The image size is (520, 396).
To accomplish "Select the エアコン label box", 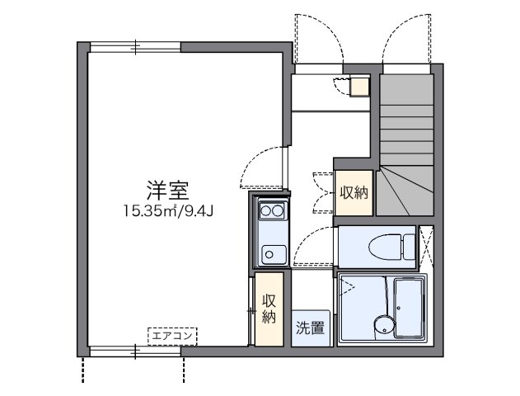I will click(172, 335).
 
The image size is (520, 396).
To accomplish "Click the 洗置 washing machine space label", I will click(310, 327).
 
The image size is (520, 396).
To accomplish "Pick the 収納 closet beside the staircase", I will click(354, 193).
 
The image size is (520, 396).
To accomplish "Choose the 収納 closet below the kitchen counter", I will click(269, 309).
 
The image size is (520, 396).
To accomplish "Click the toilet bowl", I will click(384, 244).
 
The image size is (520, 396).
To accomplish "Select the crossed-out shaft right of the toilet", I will click(427, 245).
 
